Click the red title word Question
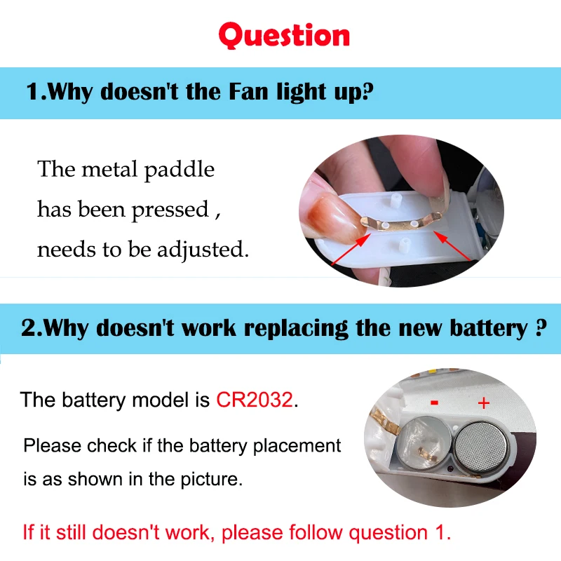point(283,35)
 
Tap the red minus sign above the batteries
point(435,403)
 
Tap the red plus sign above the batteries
point(483,403)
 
